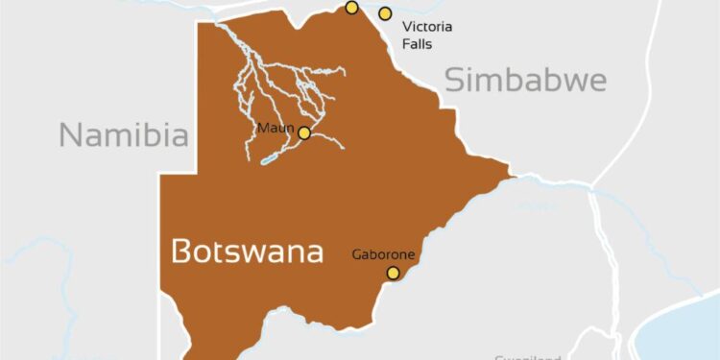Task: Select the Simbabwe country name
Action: click(525, 80)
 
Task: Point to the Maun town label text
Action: click(274, 128)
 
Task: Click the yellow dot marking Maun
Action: click(304, 133)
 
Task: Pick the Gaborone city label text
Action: click(383, 254)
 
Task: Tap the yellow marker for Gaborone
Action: click(393, 274)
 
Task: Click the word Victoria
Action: click(427, 26)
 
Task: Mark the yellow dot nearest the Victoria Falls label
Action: click(385, 13)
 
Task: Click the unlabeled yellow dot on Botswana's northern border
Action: click(351, 8)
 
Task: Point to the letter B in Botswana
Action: click(181, 252)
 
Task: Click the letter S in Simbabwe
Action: click(454, 80)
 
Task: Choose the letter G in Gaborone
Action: click(356, 254)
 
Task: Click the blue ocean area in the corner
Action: click(684, 332)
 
